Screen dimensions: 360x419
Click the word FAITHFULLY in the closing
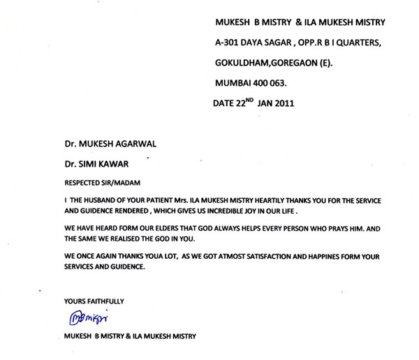(106, 301)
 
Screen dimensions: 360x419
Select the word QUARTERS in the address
(355, 43)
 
